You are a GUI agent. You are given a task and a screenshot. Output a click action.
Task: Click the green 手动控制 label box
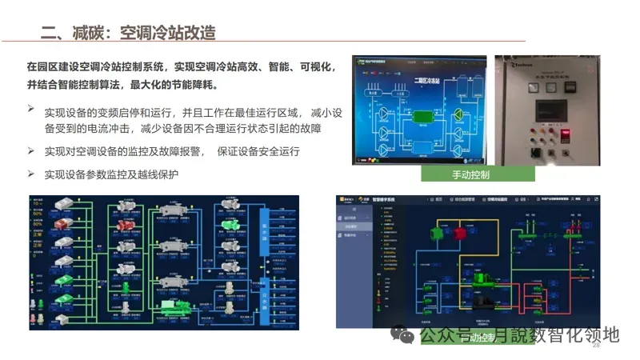pos(477,174)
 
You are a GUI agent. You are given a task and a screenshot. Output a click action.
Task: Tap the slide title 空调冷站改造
pos(167,33)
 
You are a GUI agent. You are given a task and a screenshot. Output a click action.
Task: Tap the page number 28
pos(596,345)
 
